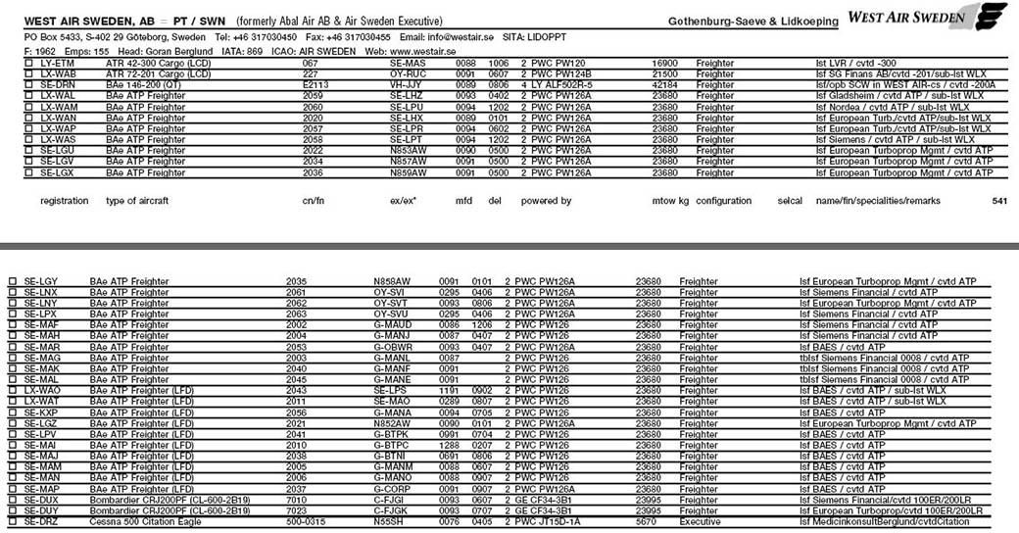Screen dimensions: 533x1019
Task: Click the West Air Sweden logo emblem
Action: point(991,17)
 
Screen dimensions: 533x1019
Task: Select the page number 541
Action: point(999,201)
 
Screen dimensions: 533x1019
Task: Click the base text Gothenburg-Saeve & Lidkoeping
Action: point(752,21)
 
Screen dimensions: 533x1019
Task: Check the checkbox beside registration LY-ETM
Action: point(28,62)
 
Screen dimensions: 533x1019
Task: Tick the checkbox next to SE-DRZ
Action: point(13,523)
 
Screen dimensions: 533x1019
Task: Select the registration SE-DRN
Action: point(57,85)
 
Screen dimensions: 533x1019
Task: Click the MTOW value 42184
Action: point(664,85)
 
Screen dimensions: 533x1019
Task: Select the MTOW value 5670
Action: point(648,523)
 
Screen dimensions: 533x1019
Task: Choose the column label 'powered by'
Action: point(546,201)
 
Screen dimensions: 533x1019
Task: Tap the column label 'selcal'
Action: point(789,201)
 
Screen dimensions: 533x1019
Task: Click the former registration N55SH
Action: point(387,523)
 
